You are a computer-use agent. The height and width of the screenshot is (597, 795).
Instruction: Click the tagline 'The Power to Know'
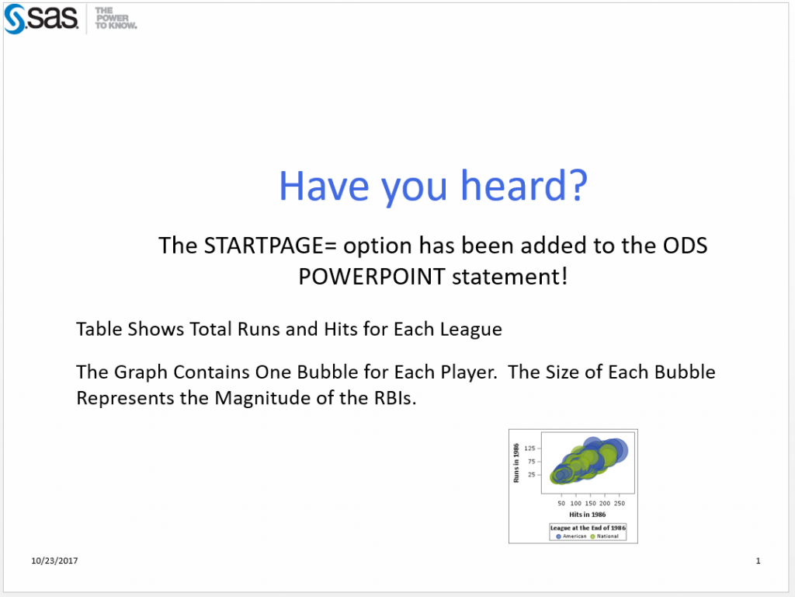(x=116, y=19)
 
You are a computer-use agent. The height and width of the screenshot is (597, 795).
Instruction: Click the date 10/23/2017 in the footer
(x=54, y=561)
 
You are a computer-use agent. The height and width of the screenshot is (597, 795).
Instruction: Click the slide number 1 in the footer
(x=758, y=561)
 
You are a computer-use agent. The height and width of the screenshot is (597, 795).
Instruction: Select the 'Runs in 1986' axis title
(x=516, y=463)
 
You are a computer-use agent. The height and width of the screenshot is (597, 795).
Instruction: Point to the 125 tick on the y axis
(x=530, y=449)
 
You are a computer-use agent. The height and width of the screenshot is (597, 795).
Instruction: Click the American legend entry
(x=571, y=536)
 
